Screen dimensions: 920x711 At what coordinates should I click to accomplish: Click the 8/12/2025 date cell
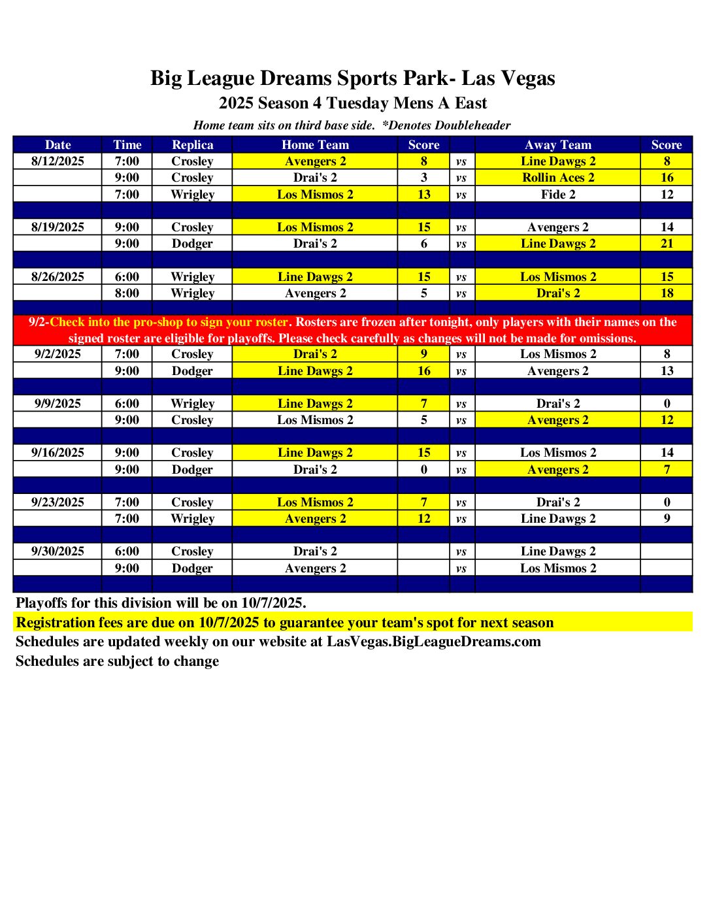coord(58,161)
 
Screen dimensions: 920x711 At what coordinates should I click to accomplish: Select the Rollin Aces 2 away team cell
coord(558,178)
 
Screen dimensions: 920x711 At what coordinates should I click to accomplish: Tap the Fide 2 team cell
coord(558,194)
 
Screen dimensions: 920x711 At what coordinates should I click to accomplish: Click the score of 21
coord(667,244)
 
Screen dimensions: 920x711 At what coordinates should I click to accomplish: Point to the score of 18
coord(667,293)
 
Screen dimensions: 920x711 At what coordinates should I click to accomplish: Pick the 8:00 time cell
coord(127,293)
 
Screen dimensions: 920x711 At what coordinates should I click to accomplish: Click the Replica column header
coord(192,145)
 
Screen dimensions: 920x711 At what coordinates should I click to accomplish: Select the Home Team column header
coord(315,145)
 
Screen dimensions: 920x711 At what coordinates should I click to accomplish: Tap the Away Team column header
coord(558,145)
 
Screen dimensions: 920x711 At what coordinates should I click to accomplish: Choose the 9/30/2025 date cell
coord(58,551)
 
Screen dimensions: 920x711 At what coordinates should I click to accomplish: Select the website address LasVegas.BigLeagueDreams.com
coord(434,642)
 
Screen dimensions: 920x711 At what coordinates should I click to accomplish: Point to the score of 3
coord(424,178)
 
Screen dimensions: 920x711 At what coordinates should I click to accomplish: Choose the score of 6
coord(424,244)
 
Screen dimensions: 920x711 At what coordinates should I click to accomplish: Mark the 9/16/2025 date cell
coord(58,453)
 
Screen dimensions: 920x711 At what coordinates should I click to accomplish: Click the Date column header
coord(58,145)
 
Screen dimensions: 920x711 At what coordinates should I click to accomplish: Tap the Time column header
coord(127,145)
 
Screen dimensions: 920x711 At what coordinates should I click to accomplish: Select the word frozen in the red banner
coord(393,322)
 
